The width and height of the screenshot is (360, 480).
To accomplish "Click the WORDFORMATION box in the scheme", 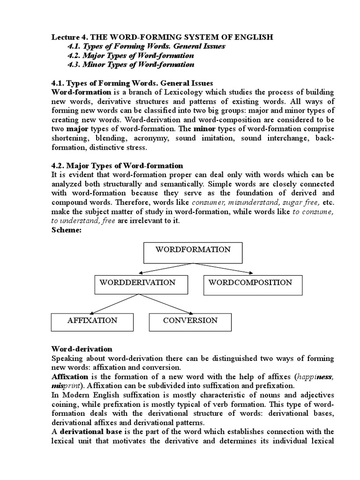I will point(192,253).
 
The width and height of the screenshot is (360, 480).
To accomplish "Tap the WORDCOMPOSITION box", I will point(253,285).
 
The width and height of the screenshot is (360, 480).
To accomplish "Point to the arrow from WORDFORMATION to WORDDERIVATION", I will point(159,269).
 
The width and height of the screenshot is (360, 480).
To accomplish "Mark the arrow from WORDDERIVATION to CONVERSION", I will point(164,305).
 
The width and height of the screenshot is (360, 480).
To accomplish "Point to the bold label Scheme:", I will point(65,231).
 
